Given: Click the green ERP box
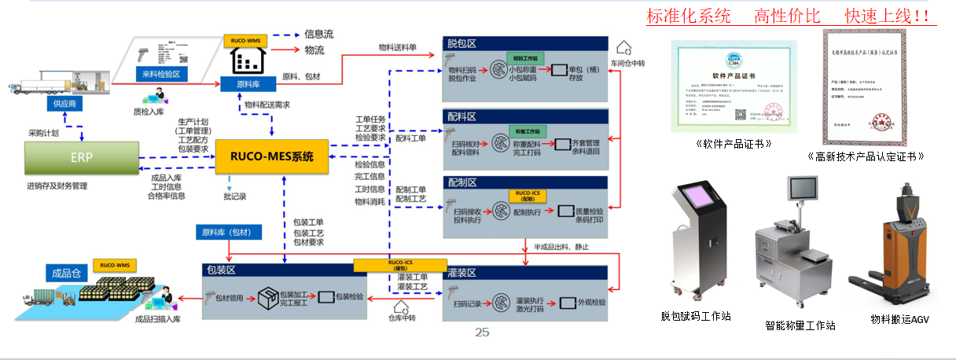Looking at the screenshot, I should [x=82, y=158].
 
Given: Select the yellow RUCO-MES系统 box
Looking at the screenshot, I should [x=270, y=156].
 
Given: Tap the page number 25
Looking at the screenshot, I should [x=482, y=332].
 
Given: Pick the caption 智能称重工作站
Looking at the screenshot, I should [x=800, y=325].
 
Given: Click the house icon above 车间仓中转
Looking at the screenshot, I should [x=624, y=48].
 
